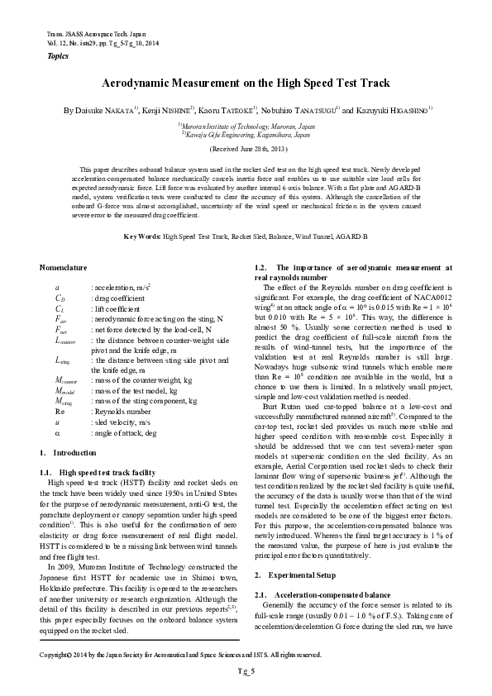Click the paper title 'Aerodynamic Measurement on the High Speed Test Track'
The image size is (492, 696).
(246, 84)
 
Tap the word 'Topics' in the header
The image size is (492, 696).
(51, 55)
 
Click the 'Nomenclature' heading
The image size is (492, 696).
(64, 268)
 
